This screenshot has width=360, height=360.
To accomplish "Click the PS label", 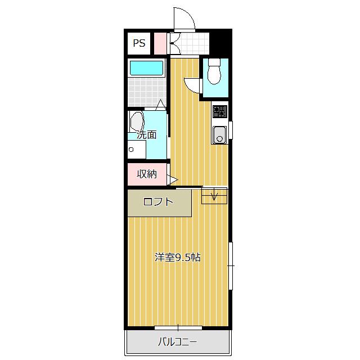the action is [139, 43].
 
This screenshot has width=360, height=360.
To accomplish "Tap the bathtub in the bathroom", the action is [146, 68].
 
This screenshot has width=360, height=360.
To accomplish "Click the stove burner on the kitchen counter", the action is [220, 111].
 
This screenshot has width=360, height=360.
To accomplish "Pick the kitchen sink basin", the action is [219, 134].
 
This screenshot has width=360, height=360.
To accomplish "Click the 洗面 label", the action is [147, 134].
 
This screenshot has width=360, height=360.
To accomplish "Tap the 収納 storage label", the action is [147, 174].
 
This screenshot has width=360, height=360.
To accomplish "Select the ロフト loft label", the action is [158, 202].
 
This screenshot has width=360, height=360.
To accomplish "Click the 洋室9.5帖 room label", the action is [178, 258].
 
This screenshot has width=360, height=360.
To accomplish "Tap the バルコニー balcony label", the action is [177, 342].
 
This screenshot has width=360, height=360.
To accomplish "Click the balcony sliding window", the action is [178, 328].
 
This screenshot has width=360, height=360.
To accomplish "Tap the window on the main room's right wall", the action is [231, 266].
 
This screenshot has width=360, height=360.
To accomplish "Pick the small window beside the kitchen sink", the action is [231, 130].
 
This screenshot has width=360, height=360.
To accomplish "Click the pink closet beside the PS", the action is [160, 44].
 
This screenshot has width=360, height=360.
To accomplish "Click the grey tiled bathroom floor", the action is [147, 92].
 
